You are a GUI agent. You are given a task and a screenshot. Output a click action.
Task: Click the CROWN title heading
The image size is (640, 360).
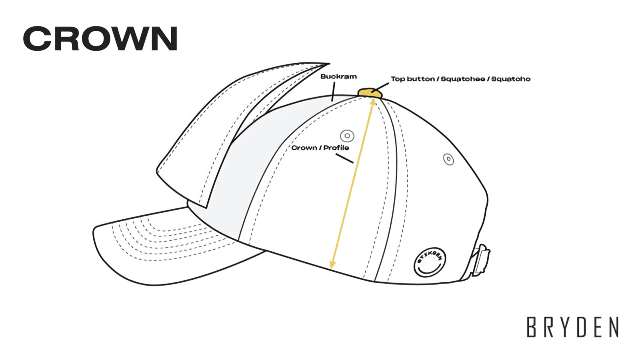tap(100, 39)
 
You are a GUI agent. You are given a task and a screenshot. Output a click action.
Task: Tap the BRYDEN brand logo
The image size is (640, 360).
tap(573, 327)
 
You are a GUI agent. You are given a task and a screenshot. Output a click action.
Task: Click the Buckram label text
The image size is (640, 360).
tap(338, 76)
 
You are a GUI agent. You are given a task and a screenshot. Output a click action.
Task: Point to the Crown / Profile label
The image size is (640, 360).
tap(320, 148)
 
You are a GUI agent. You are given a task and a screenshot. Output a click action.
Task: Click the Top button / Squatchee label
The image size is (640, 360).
tap(460, 79)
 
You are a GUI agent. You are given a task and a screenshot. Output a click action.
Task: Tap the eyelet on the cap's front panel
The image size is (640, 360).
tap(347, 136)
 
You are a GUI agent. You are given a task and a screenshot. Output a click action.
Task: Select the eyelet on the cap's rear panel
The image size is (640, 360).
tap(449, 159)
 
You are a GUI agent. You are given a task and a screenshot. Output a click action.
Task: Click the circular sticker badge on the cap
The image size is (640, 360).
tap(430, 262)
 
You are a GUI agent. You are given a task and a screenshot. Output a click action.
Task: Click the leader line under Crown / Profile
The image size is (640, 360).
tap(344, 159)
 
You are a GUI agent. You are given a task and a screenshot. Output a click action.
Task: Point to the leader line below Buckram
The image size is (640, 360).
tap(333, 93)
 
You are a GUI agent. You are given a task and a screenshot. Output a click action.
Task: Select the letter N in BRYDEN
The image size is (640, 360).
tap(614, 327)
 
